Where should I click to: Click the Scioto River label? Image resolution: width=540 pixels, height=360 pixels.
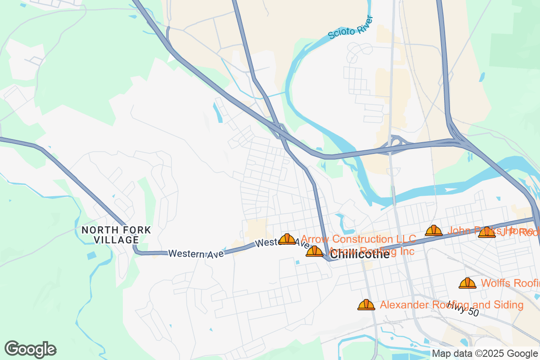tap(351, 27)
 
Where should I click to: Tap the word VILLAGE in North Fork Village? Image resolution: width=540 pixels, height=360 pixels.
tap(116, 240)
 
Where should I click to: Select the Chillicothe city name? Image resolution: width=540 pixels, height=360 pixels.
tap(360, 254)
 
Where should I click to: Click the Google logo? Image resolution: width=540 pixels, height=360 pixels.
tap(31, 349)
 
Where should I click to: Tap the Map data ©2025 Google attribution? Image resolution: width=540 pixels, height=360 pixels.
tap(485, 354)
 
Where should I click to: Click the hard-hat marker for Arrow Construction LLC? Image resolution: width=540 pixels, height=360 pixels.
tap(287, 239)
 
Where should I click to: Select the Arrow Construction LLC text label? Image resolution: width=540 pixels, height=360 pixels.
tap(358, 239)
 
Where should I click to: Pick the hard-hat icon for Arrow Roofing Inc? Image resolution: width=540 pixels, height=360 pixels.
tap(315, 251)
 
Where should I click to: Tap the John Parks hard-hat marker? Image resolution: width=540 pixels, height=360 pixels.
tap(434, 231)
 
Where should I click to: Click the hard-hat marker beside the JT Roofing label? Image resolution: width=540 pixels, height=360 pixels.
tap(486, 233)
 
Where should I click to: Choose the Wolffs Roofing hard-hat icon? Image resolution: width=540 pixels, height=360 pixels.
tap(468, 283)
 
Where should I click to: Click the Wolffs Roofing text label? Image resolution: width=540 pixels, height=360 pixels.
tap(510, 283)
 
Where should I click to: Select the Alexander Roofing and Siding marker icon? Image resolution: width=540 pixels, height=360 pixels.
tap(366, 305)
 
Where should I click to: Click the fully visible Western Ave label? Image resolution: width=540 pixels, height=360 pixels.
tap(196, 254)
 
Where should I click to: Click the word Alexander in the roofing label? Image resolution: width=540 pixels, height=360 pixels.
tap(404, 305)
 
